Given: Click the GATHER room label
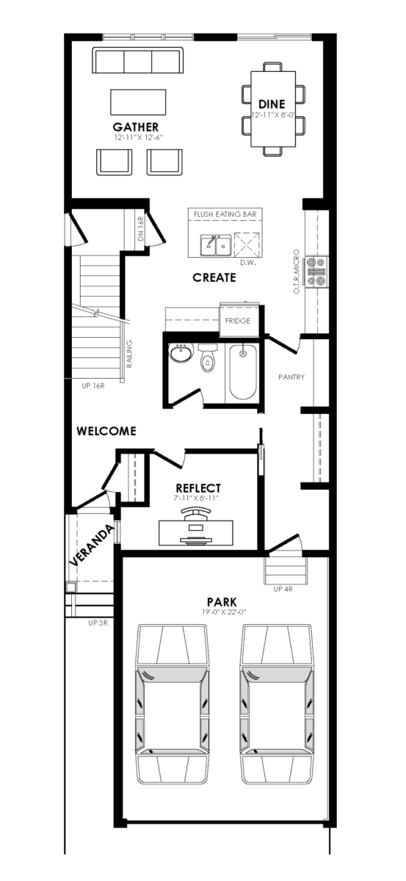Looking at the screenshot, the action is pyautogui.click(x=136, y=127).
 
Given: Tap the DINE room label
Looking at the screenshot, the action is pyautogui.click(x=272, y=104).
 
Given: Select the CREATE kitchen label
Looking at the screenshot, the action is pyautogui.click(x=214, y=278).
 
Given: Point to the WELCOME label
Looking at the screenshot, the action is pyautogui.click(x=106, y=431).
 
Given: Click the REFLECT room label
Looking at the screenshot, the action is pyautogui.click(x=198, y=488).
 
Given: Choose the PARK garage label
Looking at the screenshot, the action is pyautogui.click(x=222, y=602).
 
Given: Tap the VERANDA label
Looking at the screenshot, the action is pyautogui.click(x=92, y=545).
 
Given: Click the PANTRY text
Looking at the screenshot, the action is pyautogui.click(x=291, y=377).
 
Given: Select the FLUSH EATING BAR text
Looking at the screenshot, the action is pyautogui.click(x=225, y=214).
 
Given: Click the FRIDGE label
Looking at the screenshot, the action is pyautogui.click(x=238, y=321).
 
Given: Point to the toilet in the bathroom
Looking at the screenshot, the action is pyautogui.click(x=207, y=358).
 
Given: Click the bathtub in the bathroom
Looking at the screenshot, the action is pyautogui.click(x=243, y=372).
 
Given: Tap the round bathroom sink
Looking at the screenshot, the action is pyautogui.click(x=181, y=353).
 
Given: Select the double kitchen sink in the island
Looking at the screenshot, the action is pyautogui.click(x=215, y=245).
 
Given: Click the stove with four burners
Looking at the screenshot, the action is pyautogui.click(x=316, y=271).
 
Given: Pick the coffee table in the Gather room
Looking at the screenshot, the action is pyautogui.click(x=138, y=102).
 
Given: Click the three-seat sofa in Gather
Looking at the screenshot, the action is pyautogui.click(x=138, y=60).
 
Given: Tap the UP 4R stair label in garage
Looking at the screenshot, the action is pyautogui.click(x=283, y=589).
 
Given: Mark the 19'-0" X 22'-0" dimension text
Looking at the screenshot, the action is pyautogui.click(x=222, y=612).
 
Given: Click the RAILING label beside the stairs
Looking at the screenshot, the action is pyautogui.click(x=129, y=354).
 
